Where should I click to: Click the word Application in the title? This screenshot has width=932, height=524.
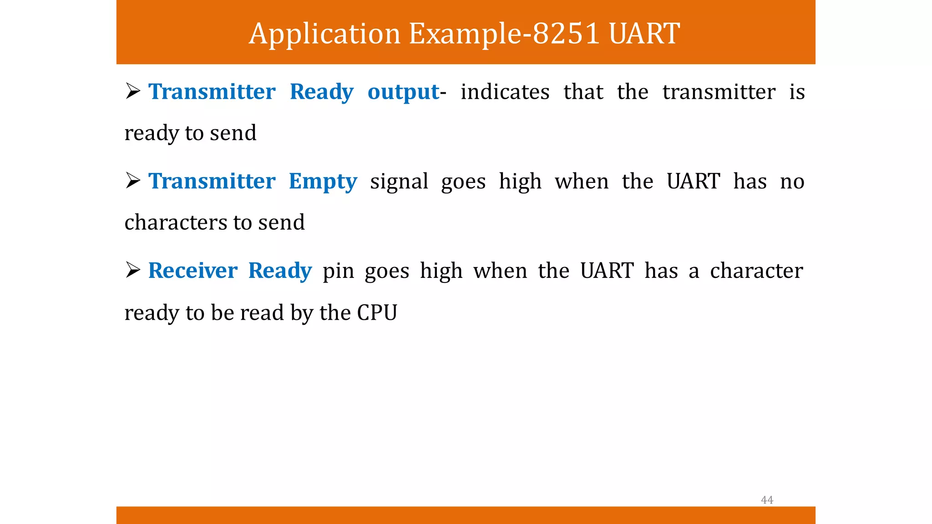click(324, 34)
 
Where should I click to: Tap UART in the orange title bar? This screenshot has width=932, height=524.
click(644, 34)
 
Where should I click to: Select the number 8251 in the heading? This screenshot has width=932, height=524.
click(565, 34)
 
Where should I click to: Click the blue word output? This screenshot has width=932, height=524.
click(403, 92)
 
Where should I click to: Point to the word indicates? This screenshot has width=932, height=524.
click(505, 92)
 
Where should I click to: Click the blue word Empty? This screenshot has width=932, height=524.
click(323, 182)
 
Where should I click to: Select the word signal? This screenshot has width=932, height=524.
click(399, 181)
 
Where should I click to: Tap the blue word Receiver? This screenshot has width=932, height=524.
click(192, 271)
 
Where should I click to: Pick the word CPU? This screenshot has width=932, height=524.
click(377, 312)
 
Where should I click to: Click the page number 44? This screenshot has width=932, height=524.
click(767, 500)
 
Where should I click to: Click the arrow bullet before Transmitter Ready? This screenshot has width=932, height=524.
click(133, 92)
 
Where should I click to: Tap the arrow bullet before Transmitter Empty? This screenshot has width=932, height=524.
click(133, 181)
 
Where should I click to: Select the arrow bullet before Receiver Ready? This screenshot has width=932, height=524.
click(133, 271)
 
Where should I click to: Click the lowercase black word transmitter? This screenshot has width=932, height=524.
click(719, 92)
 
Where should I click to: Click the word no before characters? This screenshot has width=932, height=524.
click(792, 181)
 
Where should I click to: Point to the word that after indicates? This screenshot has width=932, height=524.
click(583, 92)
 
